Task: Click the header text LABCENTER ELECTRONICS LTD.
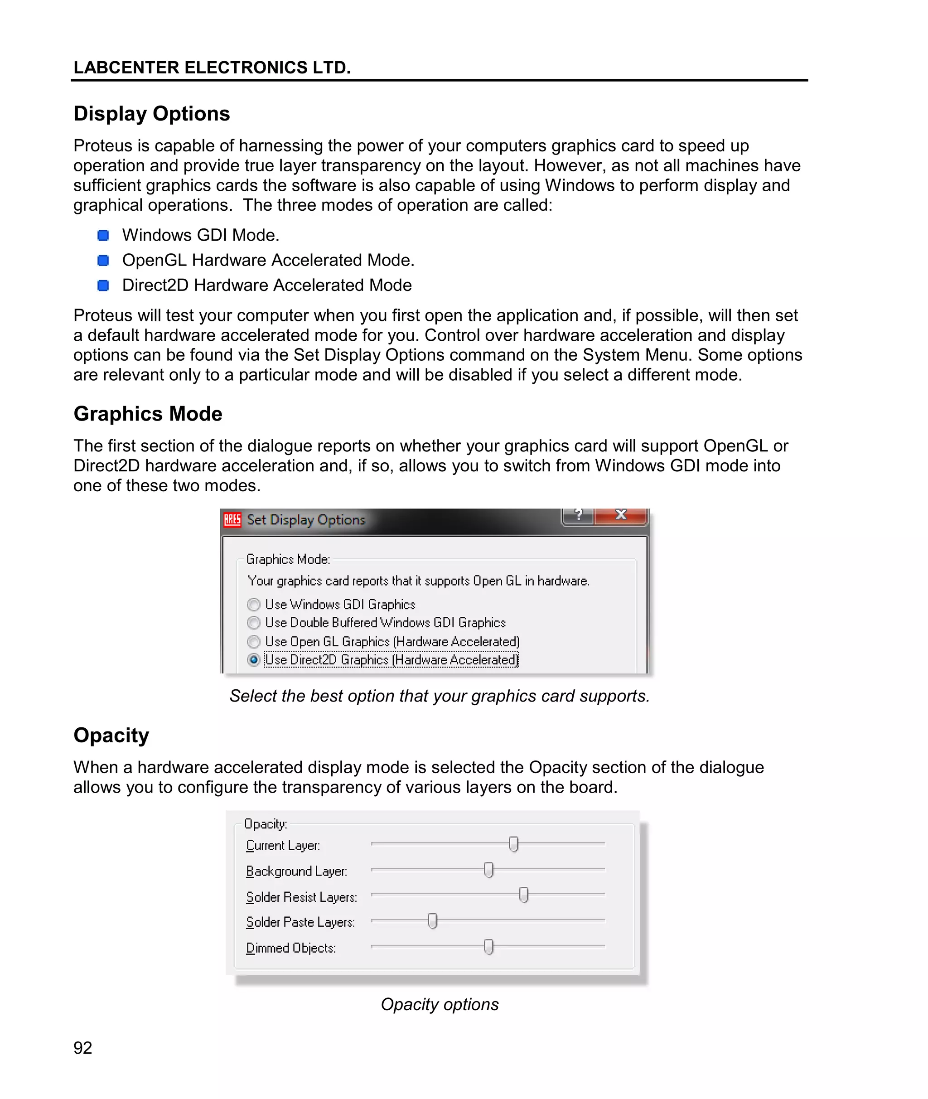(212, 68)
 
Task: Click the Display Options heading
(151, 114)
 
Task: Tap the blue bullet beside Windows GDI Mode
(103, 235)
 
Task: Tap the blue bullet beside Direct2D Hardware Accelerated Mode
(103, 285)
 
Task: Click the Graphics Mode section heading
(148, 413)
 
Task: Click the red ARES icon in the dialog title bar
(232, 520)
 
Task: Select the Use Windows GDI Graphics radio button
(254, 605)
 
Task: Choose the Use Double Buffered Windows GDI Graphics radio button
(254, 623)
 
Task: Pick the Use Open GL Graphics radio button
(254, 642)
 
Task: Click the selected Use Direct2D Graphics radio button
(254, 660)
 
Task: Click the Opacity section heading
(111, 735)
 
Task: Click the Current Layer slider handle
(513, 844)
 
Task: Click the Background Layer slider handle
(489, 870)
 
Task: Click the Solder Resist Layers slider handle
(523, 895)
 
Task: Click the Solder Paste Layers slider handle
(432, 920)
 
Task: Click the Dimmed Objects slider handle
(489, 946)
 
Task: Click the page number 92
(82, 1047)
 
